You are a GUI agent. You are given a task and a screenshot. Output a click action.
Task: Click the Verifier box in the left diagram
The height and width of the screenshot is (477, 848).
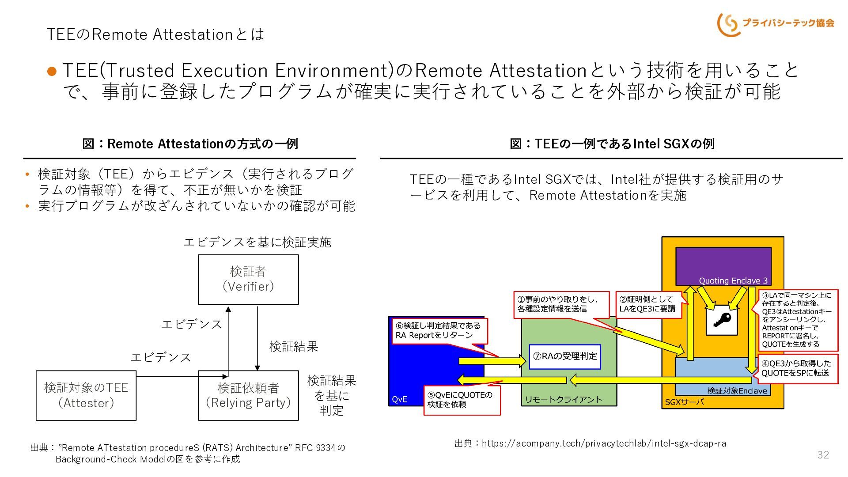pos(248,280)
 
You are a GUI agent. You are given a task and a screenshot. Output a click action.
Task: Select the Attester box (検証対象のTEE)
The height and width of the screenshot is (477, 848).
pos(86,395)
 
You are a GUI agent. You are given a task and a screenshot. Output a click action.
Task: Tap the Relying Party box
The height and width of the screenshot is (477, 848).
pos(248,395)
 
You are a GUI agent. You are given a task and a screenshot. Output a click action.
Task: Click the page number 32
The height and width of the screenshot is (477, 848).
pos(823,455)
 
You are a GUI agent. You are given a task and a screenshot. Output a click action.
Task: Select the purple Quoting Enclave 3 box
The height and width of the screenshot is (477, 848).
pos(723,266)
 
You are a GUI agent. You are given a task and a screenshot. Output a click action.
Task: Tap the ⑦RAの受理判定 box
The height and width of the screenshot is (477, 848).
pos(565,356)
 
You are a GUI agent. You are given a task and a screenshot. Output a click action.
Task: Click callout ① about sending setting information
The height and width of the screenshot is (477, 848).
pos(561,304)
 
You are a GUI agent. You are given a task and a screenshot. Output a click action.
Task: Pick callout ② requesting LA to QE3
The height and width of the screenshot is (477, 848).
pos(648,304)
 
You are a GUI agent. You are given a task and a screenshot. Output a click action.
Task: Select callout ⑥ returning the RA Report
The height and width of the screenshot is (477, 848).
pos(440,330)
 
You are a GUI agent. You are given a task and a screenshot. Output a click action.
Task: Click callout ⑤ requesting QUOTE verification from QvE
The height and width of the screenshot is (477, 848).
pos(462,400)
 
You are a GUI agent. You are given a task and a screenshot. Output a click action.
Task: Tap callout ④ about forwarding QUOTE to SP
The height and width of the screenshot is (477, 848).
pos(798,368)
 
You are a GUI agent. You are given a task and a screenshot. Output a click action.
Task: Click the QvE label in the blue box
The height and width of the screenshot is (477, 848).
pos(400,399)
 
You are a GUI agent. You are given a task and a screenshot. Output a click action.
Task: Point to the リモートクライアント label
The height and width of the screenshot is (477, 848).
pos(563,400)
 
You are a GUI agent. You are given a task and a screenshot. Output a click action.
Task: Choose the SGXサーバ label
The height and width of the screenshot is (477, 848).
pos(685,402)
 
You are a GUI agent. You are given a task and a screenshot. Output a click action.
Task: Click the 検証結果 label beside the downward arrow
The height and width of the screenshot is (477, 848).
pos(294,346)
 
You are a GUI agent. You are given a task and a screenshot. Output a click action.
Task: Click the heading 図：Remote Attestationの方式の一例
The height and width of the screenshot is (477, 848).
pos(190,144)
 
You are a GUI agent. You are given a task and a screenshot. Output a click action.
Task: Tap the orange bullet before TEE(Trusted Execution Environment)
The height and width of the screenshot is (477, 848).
pos(52,71)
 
